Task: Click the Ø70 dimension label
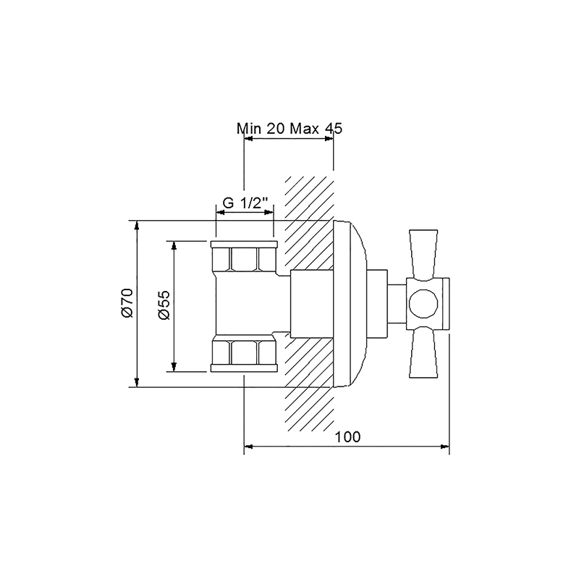pos(127,303)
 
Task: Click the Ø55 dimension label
pos(164,306)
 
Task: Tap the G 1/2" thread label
pos(245,203)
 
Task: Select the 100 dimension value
pos(348,436)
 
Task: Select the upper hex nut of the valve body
pos(244,258)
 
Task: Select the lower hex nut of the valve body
pos(244,352)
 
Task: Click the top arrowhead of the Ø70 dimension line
pos(138,224)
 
